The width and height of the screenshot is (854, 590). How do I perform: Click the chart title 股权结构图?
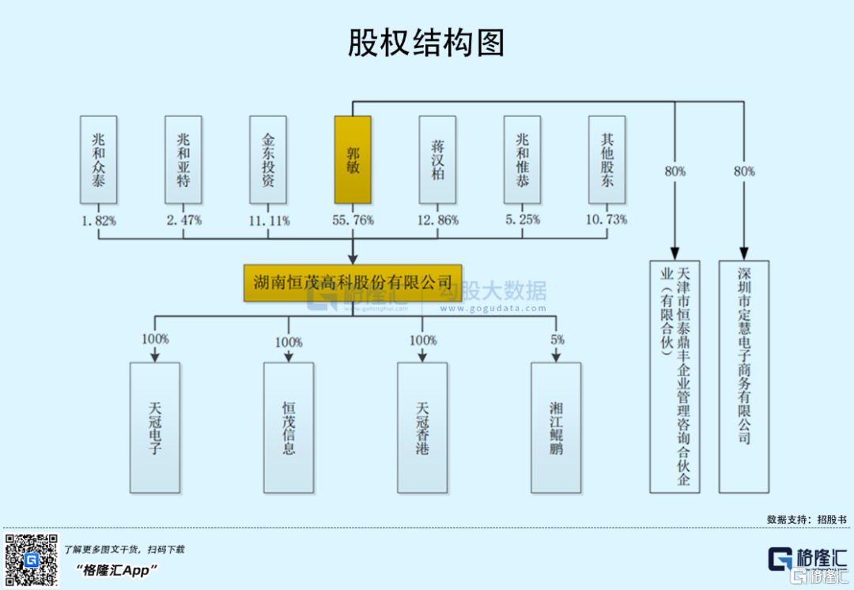pyautogui.click(x=426, y=43)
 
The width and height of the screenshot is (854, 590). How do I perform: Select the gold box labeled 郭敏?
pyautogui.click(x=353, y=160)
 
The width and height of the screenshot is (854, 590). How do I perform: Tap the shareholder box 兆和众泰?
pyautogui.click(x=98, y=160)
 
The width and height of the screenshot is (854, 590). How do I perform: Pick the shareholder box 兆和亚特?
pyautogui.click(x=183, y=160)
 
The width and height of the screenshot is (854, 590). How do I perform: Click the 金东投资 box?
pyautogui.click(x=268, y=160)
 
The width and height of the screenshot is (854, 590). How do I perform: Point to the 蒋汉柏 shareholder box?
pyautogui.click(x=437, y=160)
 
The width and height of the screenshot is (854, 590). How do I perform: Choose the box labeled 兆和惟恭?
pyautogui.click(x=523, y=160)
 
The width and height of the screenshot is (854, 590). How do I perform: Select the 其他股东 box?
pyautogui.click(x=607, y=160)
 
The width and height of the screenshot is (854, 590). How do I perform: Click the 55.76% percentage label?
pyautogui.click(x=353, y=220)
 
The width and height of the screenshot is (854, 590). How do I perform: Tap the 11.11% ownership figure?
pyautogui.click(x=268, y=220)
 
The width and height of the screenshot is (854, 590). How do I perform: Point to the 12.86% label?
pyautogui.click(x=437, y=220)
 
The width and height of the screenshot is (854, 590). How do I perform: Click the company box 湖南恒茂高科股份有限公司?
pyautogui.click(x=353, y=282)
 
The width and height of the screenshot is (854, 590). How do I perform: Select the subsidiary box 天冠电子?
pyautogui.click(x=155, y=427)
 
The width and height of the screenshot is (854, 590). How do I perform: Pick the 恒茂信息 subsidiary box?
pyautogui.click(x=289, y=427)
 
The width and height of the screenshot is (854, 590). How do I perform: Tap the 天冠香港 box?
pyautogui.click(x=422, y=427)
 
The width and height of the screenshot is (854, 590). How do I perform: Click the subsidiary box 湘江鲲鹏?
pyautogui.click(x=556, y=427)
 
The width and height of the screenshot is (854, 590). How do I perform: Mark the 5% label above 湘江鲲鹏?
pyautogui.click(x=557, y=340)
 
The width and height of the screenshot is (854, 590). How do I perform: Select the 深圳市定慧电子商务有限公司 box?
pyautogui.click(x=743, y=377)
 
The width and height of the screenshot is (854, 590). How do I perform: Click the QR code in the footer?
pyautogui.click(x=32, y=560)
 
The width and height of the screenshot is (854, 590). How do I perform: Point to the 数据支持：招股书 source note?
pyautogui.click(x=806, y=519)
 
